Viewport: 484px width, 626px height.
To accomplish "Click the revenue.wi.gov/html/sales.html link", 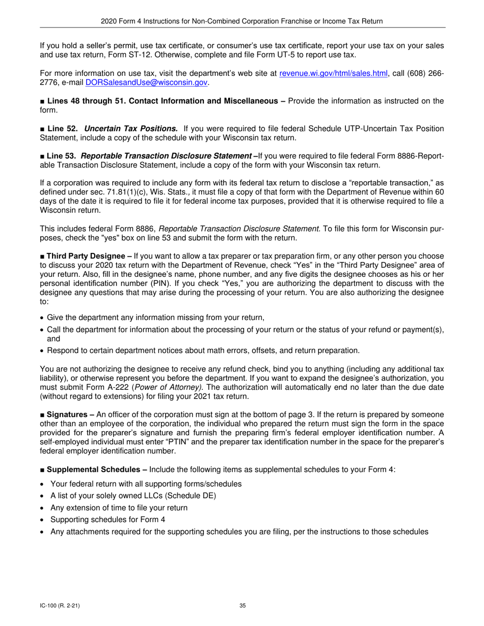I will [334, 74].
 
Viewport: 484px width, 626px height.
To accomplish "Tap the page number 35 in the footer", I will [242, 606].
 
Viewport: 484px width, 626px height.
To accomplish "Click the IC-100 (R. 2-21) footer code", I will [59, 606].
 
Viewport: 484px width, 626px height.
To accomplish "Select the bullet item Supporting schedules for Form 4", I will [107, 520].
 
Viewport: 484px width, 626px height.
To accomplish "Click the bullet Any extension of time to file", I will [119, 508].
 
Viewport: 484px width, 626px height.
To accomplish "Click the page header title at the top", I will [242, 21].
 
